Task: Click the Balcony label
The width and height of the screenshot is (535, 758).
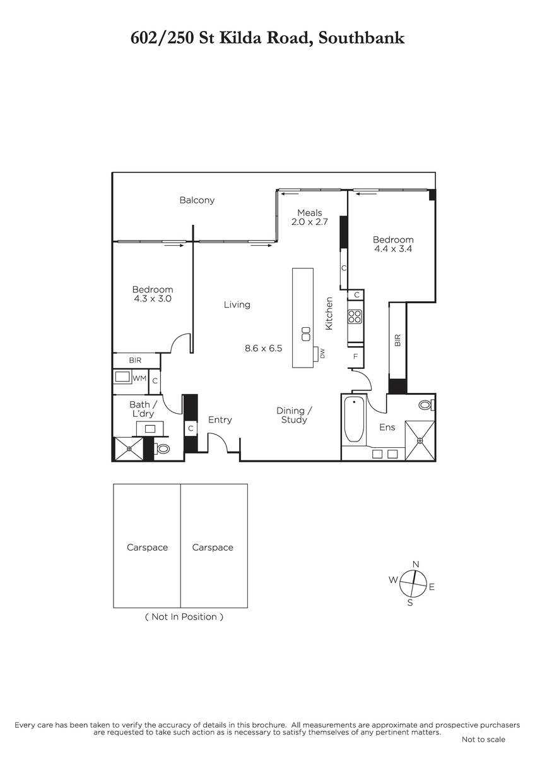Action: pos(197,200)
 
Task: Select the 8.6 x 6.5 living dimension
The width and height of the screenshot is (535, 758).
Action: pos(263,348)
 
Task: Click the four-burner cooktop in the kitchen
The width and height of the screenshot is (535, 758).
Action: pos(355,316)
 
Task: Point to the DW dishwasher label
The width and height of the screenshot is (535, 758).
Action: pos(322,354)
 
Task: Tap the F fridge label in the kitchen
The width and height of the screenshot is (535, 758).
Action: pos(355,356)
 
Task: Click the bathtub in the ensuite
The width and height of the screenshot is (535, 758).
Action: pos(354,419)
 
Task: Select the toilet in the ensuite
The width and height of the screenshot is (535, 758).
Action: pos(426,405)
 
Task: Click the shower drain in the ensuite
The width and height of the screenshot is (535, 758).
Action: pos(420,440)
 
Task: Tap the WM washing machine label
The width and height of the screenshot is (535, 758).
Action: pos(139,378)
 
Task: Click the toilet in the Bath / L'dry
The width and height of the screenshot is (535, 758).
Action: pos(162,449)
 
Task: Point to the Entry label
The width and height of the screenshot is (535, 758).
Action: pos(220,420)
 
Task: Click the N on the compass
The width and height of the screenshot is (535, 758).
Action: pos(416,564)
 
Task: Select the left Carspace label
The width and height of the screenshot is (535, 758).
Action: pos(148,548)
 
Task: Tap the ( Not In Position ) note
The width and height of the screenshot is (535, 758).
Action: pos(184,617)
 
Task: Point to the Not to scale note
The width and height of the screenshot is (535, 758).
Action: pos(483,740)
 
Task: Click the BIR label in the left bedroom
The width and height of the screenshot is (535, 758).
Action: pos(135,361)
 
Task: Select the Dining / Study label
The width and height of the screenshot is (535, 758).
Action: pos(295,415)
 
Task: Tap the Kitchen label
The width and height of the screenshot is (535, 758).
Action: pos(329,313)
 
